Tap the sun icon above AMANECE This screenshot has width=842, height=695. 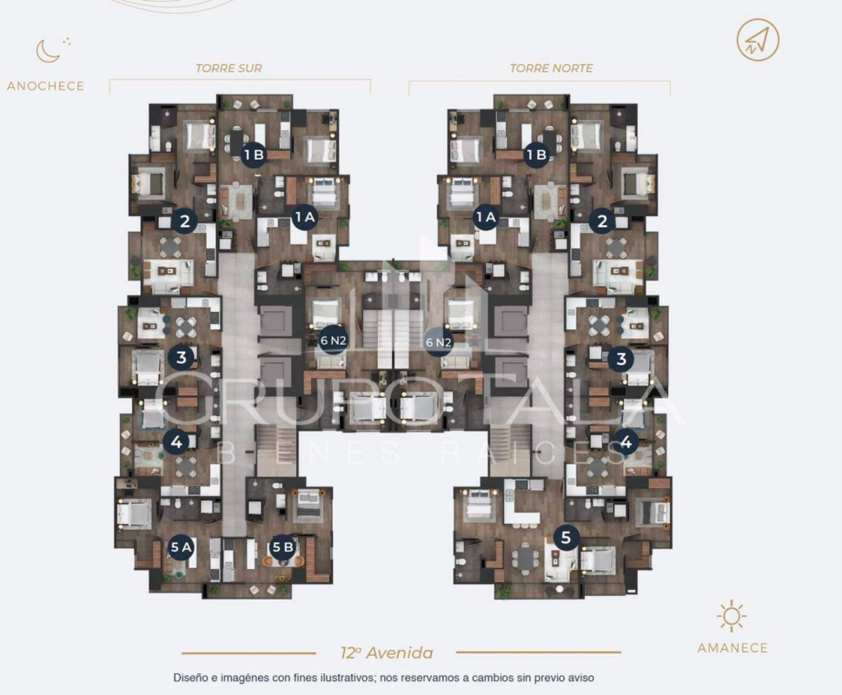pos(732,617)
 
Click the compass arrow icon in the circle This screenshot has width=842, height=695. pos(758,40)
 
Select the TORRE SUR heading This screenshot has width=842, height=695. pos(229,68)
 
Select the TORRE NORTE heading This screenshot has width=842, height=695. pos(552,68)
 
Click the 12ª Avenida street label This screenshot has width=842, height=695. pos(387,652)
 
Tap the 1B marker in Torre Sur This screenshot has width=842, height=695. pos(254,156)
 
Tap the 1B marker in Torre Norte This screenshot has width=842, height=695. pos(536,156)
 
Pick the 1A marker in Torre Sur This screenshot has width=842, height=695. pos(304,217)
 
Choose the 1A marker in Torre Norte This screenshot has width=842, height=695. pos(486,217)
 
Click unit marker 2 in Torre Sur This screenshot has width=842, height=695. pos(185,221)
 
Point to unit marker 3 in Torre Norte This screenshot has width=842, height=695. pos(621,358)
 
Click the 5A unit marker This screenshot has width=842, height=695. pos(181,547)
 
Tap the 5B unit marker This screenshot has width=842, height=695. pos(283,547)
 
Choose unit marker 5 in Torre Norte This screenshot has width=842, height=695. pos(567,537)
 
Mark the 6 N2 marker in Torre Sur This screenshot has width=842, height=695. pos(333,341)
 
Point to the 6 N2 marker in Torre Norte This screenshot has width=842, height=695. pos(438,341)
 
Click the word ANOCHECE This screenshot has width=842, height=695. pos(46,86)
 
